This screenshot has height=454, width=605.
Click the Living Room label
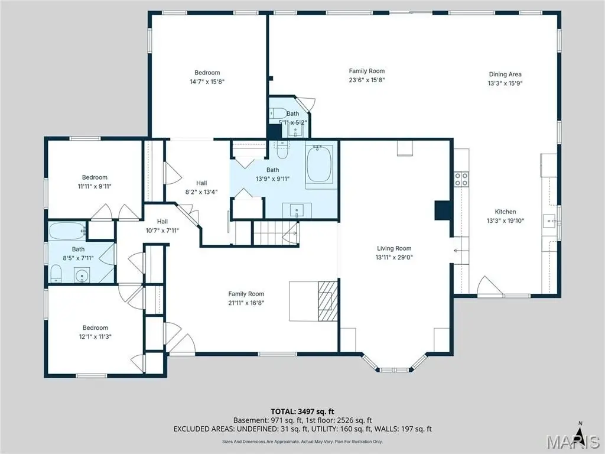394,248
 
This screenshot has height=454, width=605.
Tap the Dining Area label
505,74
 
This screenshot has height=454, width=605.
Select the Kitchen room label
506,212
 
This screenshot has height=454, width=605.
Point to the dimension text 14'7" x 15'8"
207,82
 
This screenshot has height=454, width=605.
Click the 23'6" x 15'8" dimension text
367,80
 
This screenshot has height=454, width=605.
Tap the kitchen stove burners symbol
461,179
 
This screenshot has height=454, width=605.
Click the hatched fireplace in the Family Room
328,301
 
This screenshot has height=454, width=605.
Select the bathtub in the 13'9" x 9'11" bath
319,164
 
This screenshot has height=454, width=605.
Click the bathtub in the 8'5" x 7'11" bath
67,231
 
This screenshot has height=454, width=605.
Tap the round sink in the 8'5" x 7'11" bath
82,276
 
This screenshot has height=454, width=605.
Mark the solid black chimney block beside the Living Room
443,211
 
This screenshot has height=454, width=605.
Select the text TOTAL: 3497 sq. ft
302,411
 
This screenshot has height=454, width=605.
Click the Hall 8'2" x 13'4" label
201,187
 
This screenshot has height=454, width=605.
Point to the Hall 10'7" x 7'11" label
162,226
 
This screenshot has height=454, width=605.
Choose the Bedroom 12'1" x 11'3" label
95,332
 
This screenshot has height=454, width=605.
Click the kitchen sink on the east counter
549,221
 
